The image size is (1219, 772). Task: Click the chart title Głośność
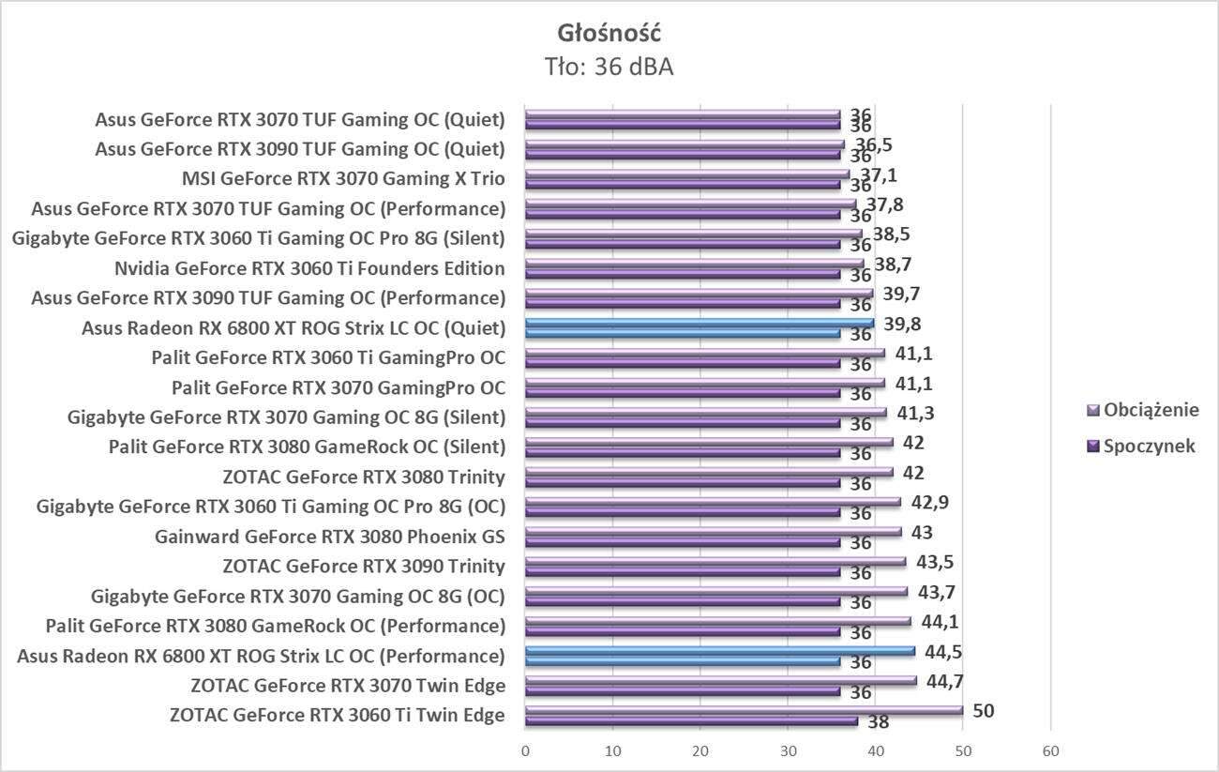point(609,34)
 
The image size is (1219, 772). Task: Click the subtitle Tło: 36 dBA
point(609,67)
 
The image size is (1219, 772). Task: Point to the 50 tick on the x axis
point(963,751)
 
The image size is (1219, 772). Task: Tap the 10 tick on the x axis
point(613,751)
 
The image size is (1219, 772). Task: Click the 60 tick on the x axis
point(1050,751)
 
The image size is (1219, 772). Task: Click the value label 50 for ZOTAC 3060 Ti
point(983,711)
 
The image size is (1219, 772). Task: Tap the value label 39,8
point(902,324)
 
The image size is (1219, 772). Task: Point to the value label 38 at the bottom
point(878,723)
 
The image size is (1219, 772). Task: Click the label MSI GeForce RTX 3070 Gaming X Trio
point(343,179)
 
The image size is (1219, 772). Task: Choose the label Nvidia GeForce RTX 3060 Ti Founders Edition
point(309,269)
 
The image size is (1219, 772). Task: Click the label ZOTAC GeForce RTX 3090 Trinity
point(364,566)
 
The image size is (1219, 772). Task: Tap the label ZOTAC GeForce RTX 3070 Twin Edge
point(347,685)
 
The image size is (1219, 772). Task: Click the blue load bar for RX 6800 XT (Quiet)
point(700,323)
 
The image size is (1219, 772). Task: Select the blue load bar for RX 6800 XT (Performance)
point(720,650)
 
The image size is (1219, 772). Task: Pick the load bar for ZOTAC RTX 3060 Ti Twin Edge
point(744,710)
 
